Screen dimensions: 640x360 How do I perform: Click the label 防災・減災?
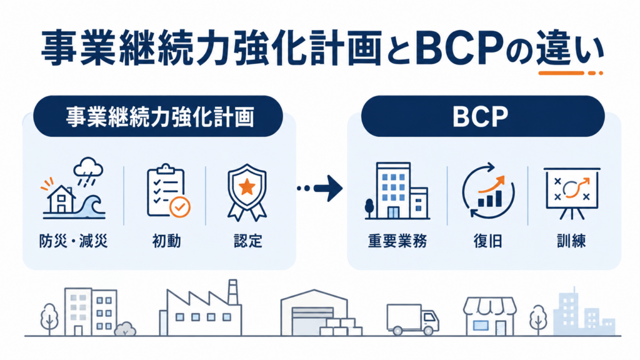pyautogui.click(x=74, y=241)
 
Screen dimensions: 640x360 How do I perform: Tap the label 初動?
pyautogui.click(x=166, y=241)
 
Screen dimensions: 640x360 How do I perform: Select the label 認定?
pyautogui.click(x=247, y=241)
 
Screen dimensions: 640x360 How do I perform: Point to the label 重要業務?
pyautogui.click(x=397, y=241)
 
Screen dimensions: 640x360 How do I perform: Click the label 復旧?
pyautogui.click(x=487, y=241)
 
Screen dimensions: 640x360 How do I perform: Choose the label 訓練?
pyautogui.click(x=571, y=241)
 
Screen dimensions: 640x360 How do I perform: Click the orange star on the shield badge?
pyautogui.click(x=247, y=187)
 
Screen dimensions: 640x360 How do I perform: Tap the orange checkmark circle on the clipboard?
pyautogui.click(x=179, y=207)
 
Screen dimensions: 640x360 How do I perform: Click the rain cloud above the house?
pyautogui.click(x=87, y=167)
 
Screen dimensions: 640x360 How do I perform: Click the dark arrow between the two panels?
pyautogui.click(x=320, y=188)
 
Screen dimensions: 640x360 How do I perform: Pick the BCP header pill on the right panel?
pyautogui.click(x=483, y=116)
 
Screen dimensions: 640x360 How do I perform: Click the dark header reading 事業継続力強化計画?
pyautogui.click(x=158, y=116)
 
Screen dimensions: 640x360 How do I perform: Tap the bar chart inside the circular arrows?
pyautogui.click(x=490, y=199)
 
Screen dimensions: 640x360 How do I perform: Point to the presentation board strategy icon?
pyautogui.click(x=572, y=192)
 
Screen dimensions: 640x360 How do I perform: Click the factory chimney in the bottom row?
pyautogui.click(x=232, y=291)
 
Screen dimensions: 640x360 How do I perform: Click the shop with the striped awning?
pyautogui.click(x=490, y=316)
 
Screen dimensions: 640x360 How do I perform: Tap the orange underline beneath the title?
pyautogui.click(x=571, y=74)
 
